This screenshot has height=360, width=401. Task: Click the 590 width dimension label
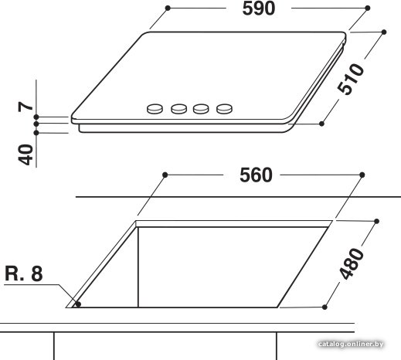pyautogui.click(x=259, y=8)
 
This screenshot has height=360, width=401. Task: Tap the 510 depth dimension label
pyautogui.click(x=351, y=79)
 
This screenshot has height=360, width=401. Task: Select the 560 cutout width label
pyautogui.click(x=256, y=175)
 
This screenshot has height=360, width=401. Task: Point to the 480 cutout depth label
pyautogui.click(x=352, y=263)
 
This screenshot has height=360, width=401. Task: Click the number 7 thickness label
pyautogui.click(x=25, y=107)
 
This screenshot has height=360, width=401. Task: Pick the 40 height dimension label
pyautogui.click(x=25, y=155)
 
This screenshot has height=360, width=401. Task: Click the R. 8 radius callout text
pyautogui.click(x=24, y=273)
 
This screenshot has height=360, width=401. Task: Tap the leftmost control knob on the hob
pyautogui.click(x=155, y=109)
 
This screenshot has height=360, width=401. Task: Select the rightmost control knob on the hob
pyautogui.click(x=224, y=109)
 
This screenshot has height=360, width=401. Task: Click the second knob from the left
pyautogui.click(x=179, y=109)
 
